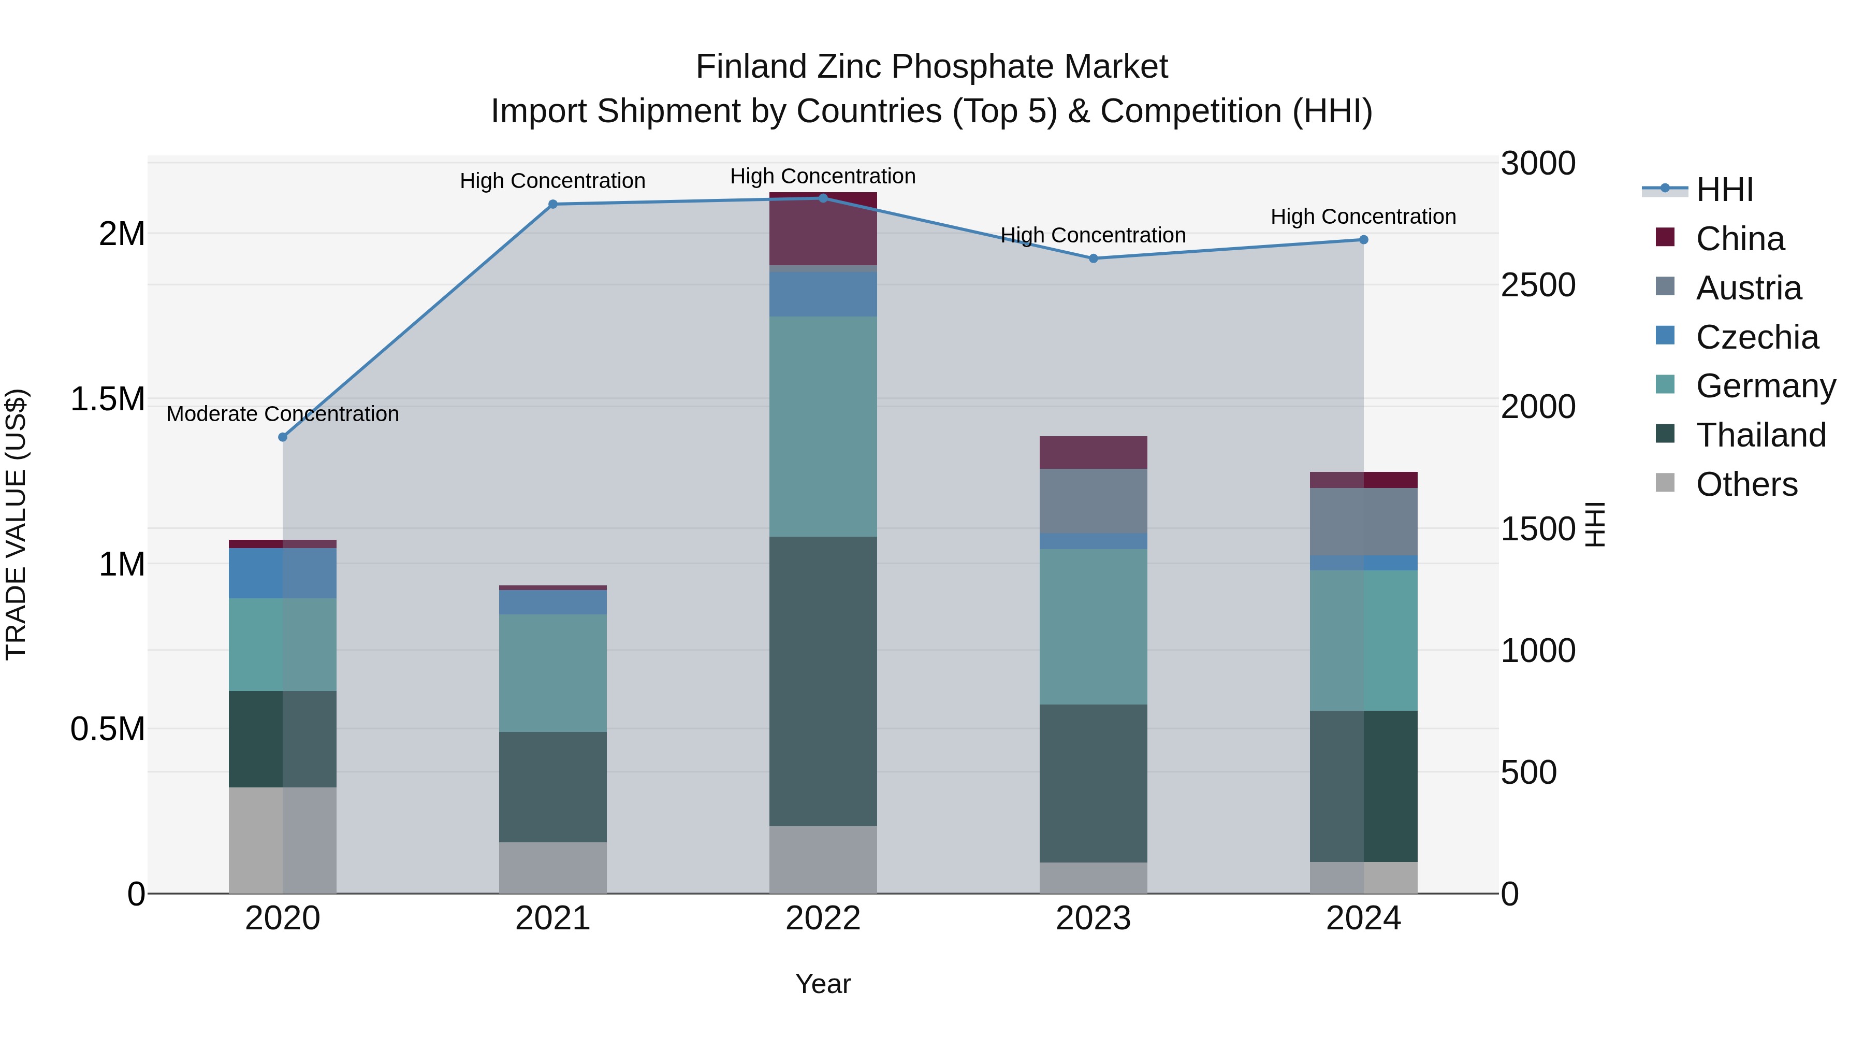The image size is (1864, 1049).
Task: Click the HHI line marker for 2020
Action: pyautogui.click(x=283, y=437)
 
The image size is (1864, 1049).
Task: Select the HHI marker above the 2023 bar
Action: pyautogui.click(x=1094, y=258)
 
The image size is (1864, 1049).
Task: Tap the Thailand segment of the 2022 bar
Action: pyautogui.click(x=823, y=681)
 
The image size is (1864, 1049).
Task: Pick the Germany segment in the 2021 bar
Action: pyautogui.click(x=553, y=673)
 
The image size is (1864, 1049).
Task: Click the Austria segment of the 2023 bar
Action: pyautogui.click(x=1094, y=501)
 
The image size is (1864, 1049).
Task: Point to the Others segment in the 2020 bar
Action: pyautogui.click(x=283, y=840)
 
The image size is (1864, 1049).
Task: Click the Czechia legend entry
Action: pyautogui.click(x=1757, y=337)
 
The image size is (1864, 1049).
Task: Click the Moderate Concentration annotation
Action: pyautogui.click(x=283, y=414)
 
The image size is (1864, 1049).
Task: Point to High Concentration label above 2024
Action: pyautogui.click(x=1363, y=217)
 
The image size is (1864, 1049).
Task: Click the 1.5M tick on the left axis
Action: pyautogui.click(x=107, y=399)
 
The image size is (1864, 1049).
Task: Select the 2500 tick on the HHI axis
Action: pyautogui.click(x=1538, y=285)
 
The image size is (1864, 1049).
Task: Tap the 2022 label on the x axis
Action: pyautogui.click(x=823, y=918)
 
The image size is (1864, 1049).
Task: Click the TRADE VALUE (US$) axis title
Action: pyautogui.click(x=16, y=524)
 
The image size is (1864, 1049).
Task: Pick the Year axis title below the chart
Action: pyautogui.click(x=823, y=984)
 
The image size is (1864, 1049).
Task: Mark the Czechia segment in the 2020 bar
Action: pyautogui.click(x=283, y=573)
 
